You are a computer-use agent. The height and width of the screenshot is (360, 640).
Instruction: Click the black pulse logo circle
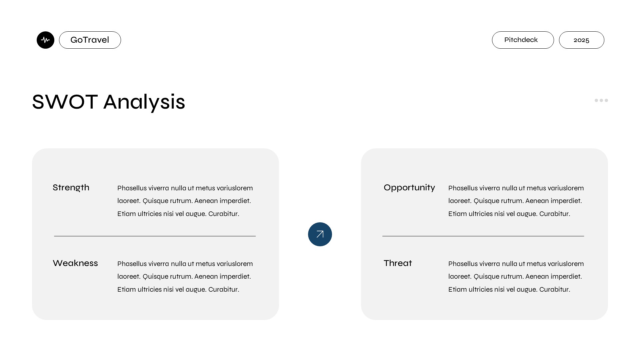coord(45,40)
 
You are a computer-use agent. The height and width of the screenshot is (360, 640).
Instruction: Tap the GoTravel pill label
coord(90,40)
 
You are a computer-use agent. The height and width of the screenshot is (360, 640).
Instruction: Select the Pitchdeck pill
coord(523,40)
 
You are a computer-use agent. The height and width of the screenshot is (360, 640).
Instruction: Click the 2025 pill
coord(581,40)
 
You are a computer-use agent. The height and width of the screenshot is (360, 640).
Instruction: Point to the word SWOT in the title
coord(65,102)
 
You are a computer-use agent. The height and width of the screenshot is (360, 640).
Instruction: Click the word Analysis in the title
coord(144,102)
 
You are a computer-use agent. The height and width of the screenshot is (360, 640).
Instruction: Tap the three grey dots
coord(601,100)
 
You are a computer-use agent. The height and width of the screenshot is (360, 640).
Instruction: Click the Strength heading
coord(71,188)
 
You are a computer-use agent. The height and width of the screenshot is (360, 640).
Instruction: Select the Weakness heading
coord(75,263)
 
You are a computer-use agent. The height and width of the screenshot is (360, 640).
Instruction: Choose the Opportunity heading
coord(409,188)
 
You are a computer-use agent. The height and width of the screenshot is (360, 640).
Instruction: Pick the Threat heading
coord(398,263)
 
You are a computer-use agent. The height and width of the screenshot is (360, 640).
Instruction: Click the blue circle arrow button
coord(320,234)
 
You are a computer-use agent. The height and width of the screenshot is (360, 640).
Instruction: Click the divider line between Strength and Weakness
coord(155,236)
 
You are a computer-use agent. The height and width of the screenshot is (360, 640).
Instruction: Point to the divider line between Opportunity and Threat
coord(483,236)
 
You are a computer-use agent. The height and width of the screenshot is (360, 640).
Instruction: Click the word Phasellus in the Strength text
coord(132,188)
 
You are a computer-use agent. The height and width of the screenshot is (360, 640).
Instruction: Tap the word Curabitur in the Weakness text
coord(224,289)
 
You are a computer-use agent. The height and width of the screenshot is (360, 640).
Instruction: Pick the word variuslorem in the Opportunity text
coord(566,188)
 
